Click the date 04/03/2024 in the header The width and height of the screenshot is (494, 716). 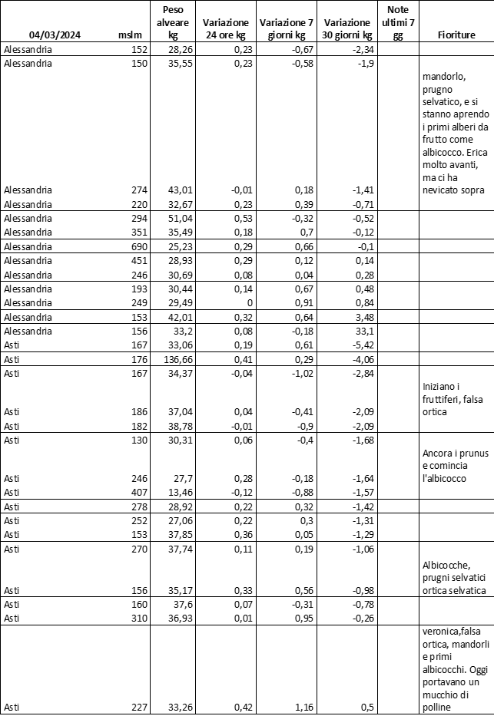55,35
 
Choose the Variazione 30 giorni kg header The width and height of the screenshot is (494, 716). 347,29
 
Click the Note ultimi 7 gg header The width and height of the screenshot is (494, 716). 397,21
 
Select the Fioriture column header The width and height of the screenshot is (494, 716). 456,35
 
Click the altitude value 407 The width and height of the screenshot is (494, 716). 138,491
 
